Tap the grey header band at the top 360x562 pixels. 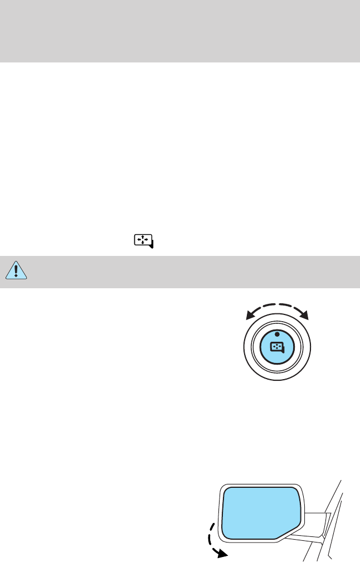pos(180,31)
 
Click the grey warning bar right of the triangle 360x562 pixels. pos(189,269)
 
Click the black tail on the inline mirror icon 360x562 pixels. pos(152,245)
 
